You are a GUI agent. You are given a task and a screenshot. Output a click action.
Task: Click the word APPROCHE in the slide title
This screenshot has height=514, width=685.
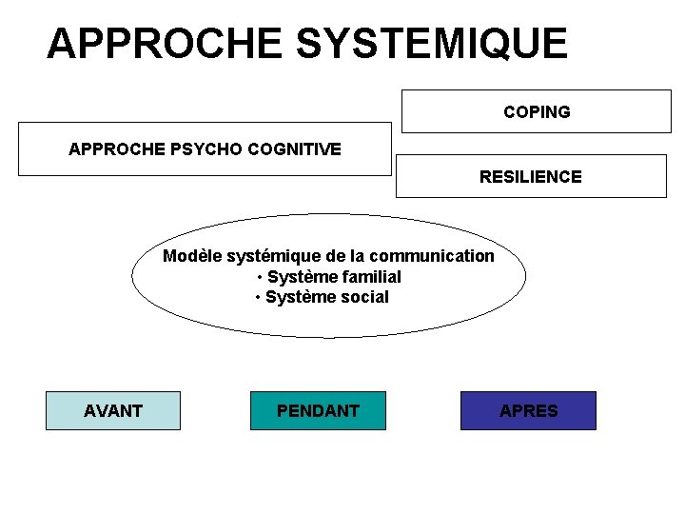click(x=164, y=44)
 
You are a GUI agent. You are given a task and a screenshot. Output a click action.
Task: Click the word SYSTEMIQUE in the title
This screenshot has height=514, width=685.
click(x=432, y=44)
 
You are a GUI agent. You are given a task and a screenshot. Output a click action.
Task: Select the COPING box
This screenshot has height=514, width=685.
click(x=537, y=111)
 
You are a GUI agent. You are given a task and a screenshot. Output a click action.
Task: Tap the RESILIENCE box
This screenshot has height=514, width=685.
click(x=531, y=176)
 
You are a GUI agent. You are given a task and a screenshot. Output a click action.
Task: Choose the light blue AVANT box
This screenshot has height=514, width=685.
click(x=112, y=410)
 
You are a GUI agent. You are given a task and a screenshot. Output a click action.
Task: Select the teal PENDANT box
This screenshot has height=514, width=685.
click(x=318, y=410)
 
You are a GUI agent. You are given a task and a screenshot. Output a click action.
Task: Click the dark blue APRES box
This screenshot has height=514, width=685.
click(x=528, y=410)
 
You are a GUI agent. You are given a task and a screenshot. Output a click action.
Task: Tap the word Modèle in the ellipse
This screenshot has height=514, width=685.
click(x=190, y=255)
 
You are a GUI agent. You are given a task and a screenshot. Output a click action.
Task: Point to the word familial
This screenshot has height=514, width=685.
click(x=369, y=276)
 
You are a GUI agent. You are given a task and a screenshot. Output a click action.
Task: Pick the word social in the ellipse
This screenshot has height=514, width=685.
click(x=363, y=297)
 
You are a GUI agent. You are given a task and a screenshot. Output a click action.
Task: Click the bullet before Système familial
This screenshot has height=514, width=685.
click(x=260, y=277)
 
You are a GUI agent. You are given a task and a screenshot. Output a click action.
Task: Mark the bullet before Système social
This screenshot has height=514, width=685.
click(x=258, y=298)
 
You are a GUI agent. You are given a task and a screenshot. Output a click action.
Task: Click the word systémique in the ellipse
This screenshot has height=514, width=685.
click(x=266, y=255)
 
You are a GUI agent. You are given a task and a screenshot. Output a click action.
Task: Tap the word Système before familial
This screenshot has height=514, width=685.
click(x=300, y=276)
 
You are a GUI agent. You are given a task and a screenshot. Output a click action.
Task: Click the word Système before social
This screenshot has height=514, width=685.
click(x=298, y=297)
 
